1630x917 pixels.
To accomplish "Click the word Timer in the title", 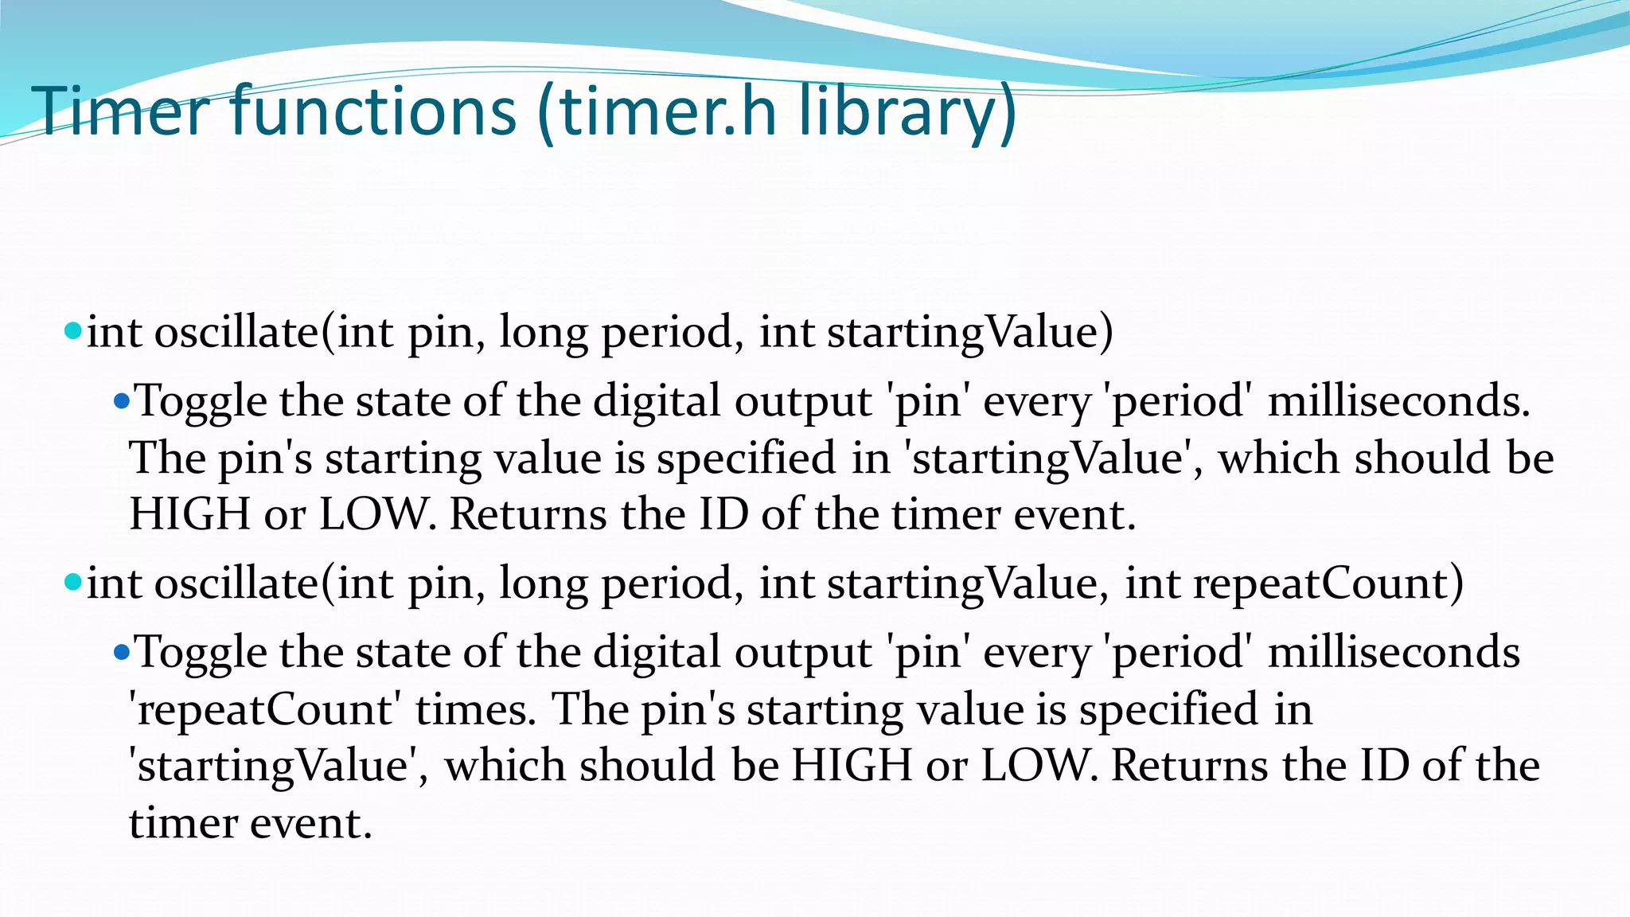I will click(x=120, y=111).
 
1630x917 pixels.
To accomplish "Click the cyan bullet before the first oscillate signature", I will click(x=73, y=330).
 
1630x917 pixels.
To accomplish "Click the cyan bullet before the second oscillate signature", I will click(x=73, y=582).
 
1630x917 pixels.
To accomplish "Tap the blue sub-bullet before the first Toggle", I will click(x=121, y=400).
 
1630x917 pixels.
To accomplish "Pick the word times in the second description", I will click(x=475, y=708).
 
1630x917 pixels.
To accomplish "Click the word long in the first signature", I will click(x=543, y=333).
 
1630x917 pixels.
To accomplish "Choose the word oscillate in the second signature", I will click(x=236, y=583).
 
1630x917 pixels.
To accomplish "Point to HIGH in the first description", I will click(x=190, y=514).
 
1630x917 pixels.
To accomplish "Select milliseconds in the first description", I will click(x=1398, y=400).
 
